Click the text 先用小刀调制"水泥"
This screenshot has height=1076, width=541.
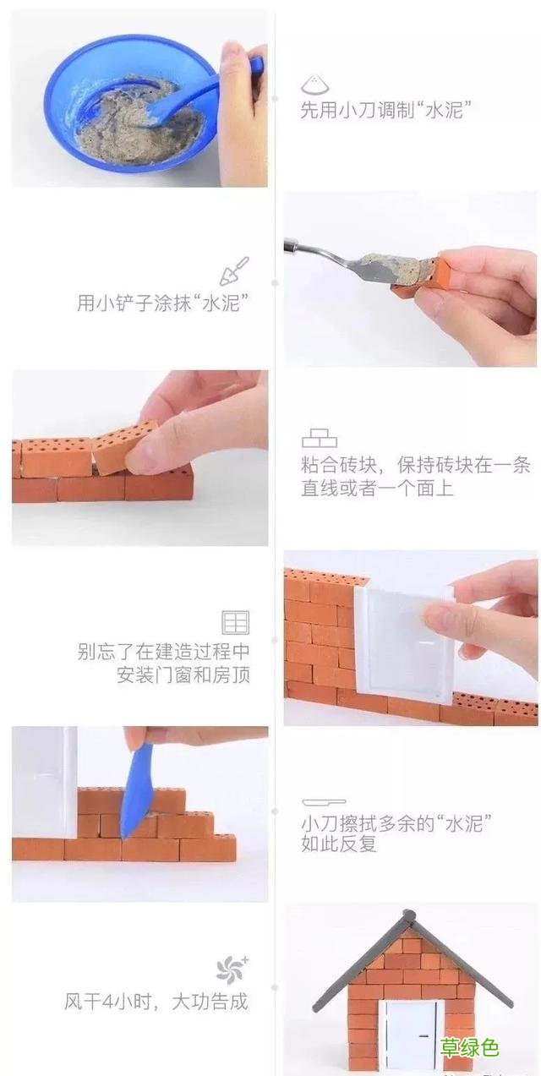point(385,111)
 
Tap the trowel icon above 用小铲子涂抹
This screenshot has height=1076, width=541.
point(234,270)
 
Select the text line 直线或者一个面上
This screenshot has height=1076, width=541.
point(377,488)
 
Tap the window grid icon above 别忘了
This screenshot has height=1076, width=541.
point(235,623)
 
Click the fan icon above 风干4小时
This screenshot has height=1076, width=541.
point(232,969)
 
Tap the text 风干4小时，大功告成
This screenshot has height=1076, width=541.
point(156,1002)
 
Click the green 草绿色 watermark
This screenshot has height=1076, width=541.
point(469,1049)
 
